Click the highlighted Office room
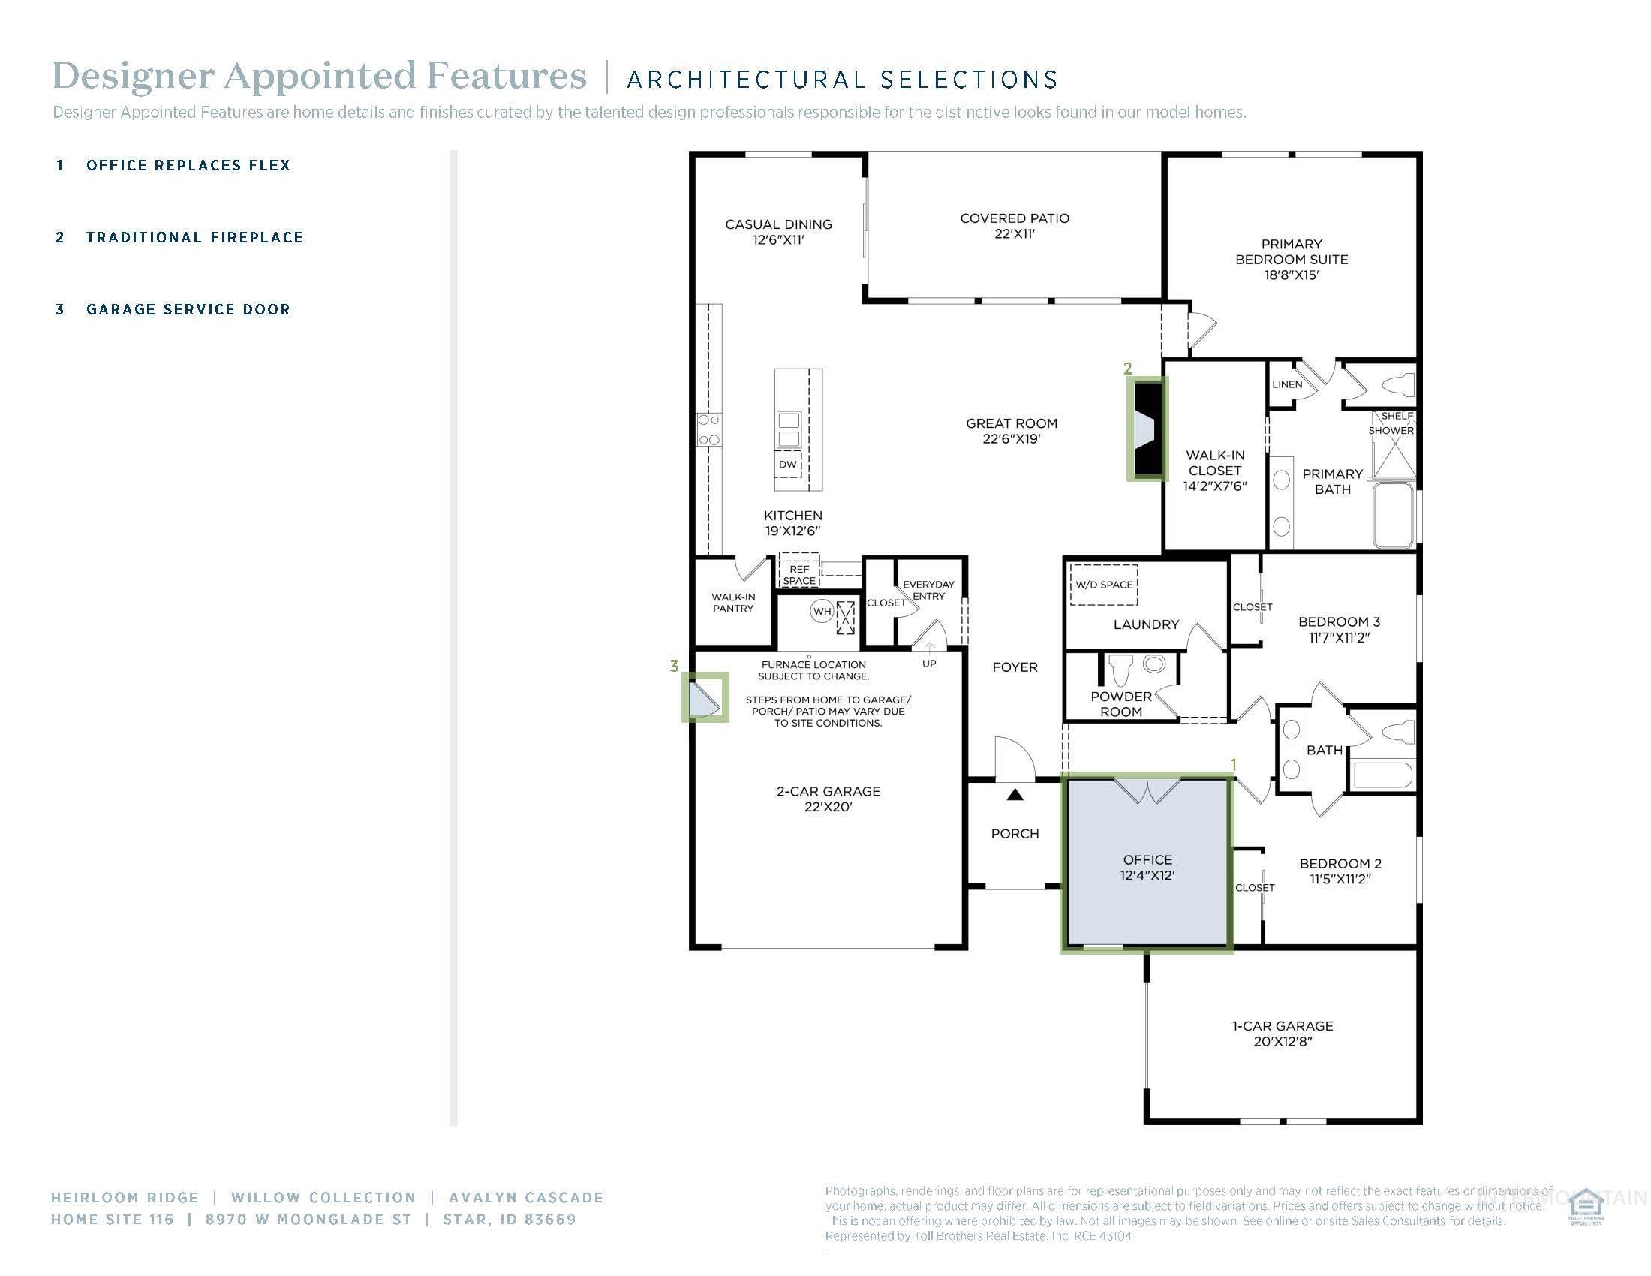1147,867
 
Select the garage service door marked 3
705,697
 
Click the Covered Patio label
1015,218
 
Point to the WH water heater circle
822,611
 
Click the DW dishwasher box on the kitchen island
788,464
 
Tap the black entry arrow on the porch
1015,794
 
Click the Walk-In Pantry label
732,603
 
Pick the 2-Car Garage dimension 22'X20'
828,807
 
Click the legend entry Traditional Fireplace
194,237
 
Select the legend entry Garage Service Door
188,309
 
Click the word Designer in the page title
132,77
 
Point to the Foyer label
1015,667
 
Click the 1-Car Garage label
1282,1026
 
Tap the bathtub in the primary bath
1391,515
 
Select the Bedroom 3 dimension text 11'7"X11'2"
1339,637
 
